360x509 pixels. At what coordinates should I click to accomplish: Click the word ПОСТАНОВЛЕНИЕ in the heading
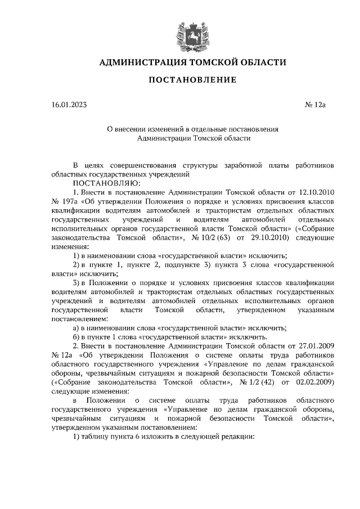point(192,80)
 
